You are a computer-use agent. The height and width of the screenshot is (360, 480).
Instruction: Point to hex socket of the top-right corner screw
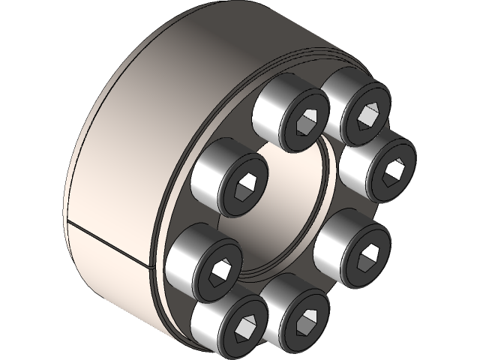pos(367,113)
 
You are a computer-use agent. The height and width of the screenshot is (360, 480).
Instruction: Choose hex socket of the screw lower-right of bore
pos(367,251)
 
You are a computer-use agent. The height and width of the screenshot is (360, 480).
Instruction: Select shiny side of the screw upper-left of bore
pos(207,169)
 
